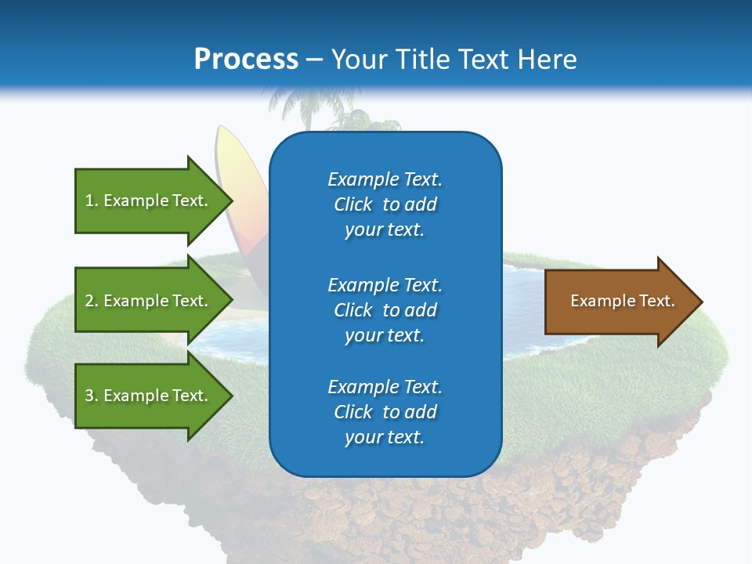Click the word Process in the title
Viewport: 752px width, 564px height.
[x=246, y=60]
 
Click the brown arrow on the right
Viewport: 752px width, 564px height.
[x=619, y=301]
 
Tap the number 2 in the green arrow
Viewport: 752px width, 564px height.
[x=89, y=301]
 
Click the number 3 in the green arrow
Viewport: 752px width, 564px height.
[x=89, y=396]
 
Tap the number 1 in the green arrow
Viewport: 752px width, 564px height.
[x=89, y=201]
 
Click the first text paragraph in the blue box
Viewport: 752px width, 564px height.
[x=385, y=204]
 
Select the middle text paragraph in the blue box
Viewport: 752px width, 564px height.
[x=385, y=310]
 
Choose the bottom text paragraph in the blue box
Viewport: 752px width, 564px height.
[x=385, y=412]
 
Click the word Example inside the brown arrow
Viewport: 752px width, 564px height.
[x=598, y=301]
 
